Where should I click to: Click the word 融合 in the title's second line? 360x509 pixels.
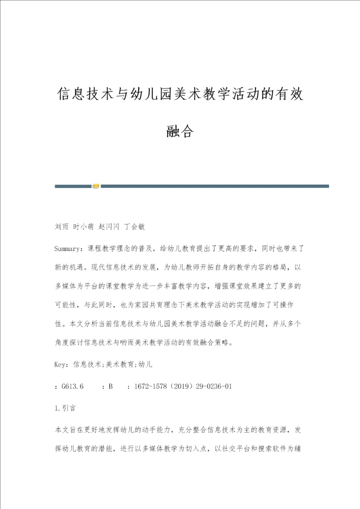point(179,131)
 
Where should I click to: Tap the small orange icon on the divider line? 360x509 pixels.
point(96,186)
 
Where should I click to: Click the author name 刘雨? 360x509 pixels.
point(61,226)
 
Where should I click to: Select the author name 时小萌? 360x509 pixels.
point(83,226)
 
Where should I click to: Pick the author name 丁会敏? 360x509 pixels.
point(134,226)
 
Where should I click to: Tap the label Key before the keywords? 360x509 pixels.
point(61,364)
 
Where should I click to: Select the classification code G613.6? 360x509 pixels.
point(72,386)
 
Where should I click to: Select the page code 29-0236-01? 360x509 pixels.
point(214,386)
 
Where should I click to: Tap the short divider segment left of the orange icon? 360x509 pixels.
point(72,186)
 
